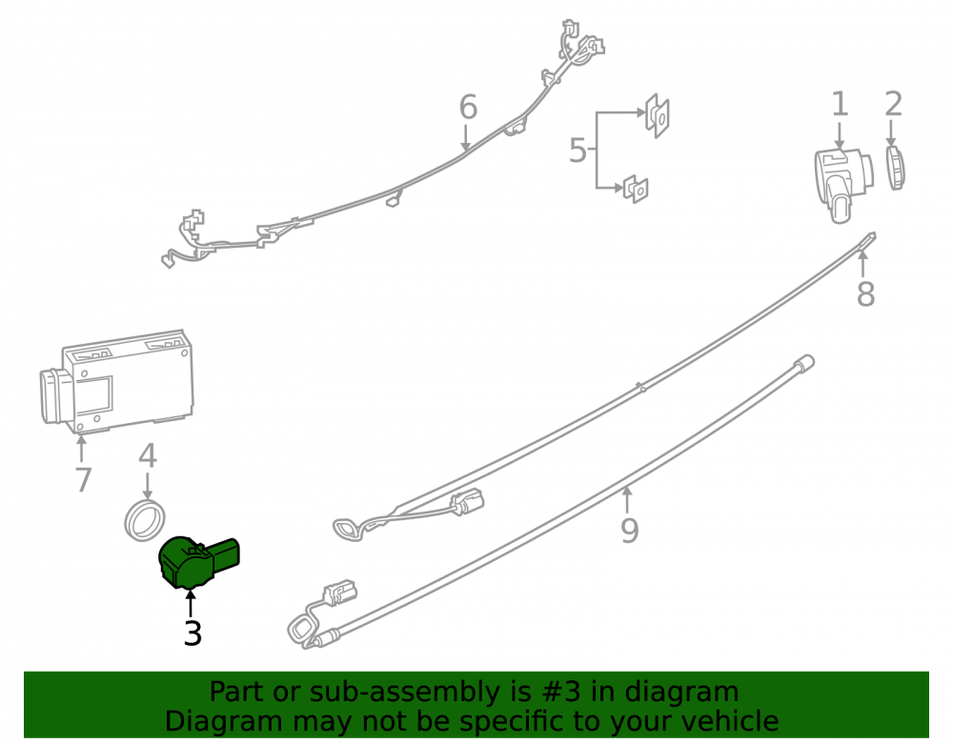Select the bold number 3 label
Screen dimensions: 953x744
pos(193,633)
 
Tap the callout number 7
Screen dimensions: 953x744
pos(83,480)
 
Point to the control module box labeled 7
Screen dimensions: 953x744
pos(116,383)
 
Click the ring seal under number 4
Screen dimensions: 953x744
pos(145,520)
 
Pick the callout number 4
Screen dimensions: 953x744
pos(148,455)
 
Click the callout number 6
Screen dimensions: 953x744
pos(468,108)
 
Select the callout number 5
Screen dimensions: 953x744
pos(578,150)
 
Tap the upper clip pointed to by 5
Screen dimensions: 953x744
pos(657,115)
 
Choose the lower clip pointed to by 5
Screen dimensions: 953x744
pos(636,189)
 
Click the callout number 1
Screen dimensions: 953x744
pos(840,105)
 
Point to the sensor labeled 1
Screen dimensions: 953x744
pos(843,184)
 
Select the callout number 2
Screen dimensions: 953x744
pos(893,105)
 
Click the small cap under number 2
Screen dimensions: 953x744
pos(895,168)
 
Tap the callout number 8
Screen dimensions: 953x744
pos(865,294)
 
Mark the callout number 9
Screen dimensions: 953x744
pos(630,531)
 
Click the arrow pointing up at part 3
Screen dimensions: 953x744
pos(191,603)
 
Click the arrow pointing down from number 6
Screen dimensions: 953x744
pos(466,138)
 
